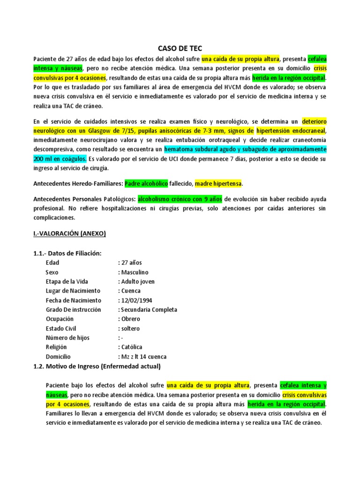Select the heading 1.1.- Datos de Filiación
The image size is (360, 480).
coord(67,253)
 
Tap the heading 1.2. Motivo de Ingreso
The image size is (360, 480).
coord(97,366)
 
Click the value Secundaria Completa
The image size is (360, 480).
coord(149,309)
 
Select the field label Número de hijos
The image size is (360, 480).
coord(67,337)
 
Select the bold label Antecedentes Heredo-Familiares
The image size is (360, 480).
coord(78,183)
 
